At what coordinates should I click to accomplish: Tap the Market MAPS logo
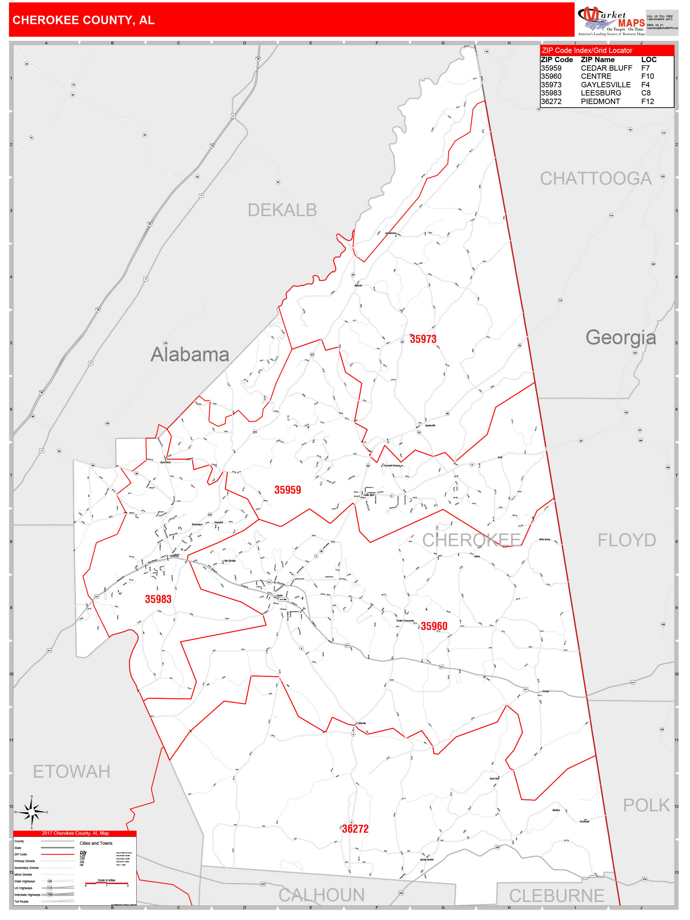coord(611,20)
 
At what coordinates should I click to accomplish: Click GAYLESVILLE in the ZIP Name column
coord(605,85)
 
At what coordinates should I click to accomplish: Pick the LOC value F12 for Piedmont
coord(647,102)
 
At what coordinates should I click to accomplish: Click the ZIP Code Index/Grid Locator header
coord(586,50)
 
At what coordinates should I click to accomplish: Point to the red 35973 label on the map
coord(423,339)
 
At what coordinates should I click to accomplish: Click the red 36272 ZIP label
coord(355,829)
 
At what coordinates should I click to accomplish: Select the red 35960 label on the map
coord(434,626)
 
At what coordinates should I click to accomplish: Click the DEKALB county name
coord(282,210)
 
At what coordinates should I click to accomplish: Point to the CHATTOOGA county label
coord(596,179)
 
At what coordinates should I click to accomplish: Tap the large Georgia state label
coord(620,337)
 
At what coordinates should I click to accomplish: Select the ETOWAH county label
coord(72,772)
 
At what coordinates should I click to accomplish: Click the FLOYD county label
coord(626,541)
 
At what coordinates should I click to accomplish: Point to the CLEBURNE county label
coord(557,896)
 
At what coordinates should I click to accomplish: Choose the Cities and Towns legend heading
coord(96,843)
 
